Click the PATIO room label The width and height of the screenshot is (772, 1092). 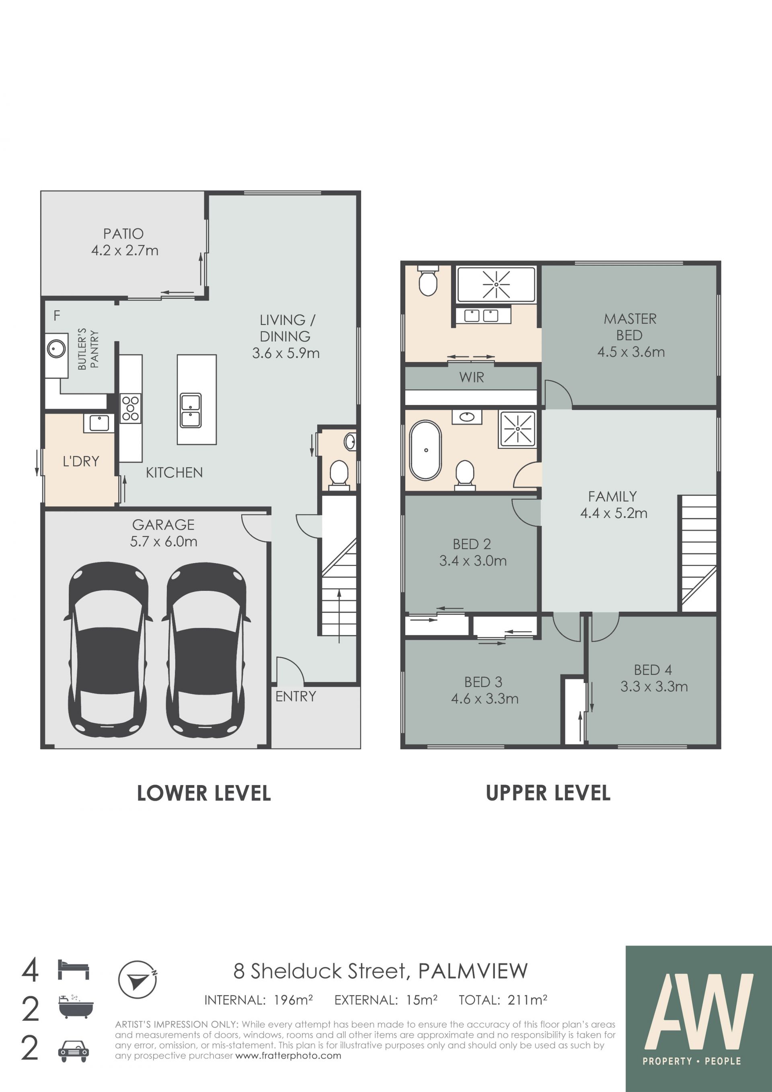pos(123,234)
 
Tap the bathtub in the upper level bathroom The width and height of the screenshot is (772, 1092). pos(426,450)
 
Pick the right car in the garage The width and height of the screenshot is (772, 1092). pos(206,650)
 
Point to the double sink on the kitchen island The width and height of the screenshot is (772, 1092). pos(191,410)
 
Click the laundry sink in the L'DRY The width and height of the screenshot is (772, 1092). pos(99,423)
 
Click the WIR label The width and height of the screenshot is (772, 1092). pos(472,377)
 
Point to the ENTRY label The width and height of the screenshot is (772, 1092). pos(296,696)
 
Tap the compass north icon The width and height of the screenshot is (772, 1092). pos(138,979)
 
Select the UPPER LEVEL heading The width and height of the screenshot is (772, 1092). pos(548,793)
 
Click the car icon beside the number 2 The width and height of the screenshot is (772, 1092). pos(73,1051)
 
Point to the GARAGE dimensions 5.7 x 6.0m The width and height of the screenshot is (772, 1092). pos(164,541)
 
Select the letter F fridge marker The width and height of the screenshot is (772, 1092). pos(57,315)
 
